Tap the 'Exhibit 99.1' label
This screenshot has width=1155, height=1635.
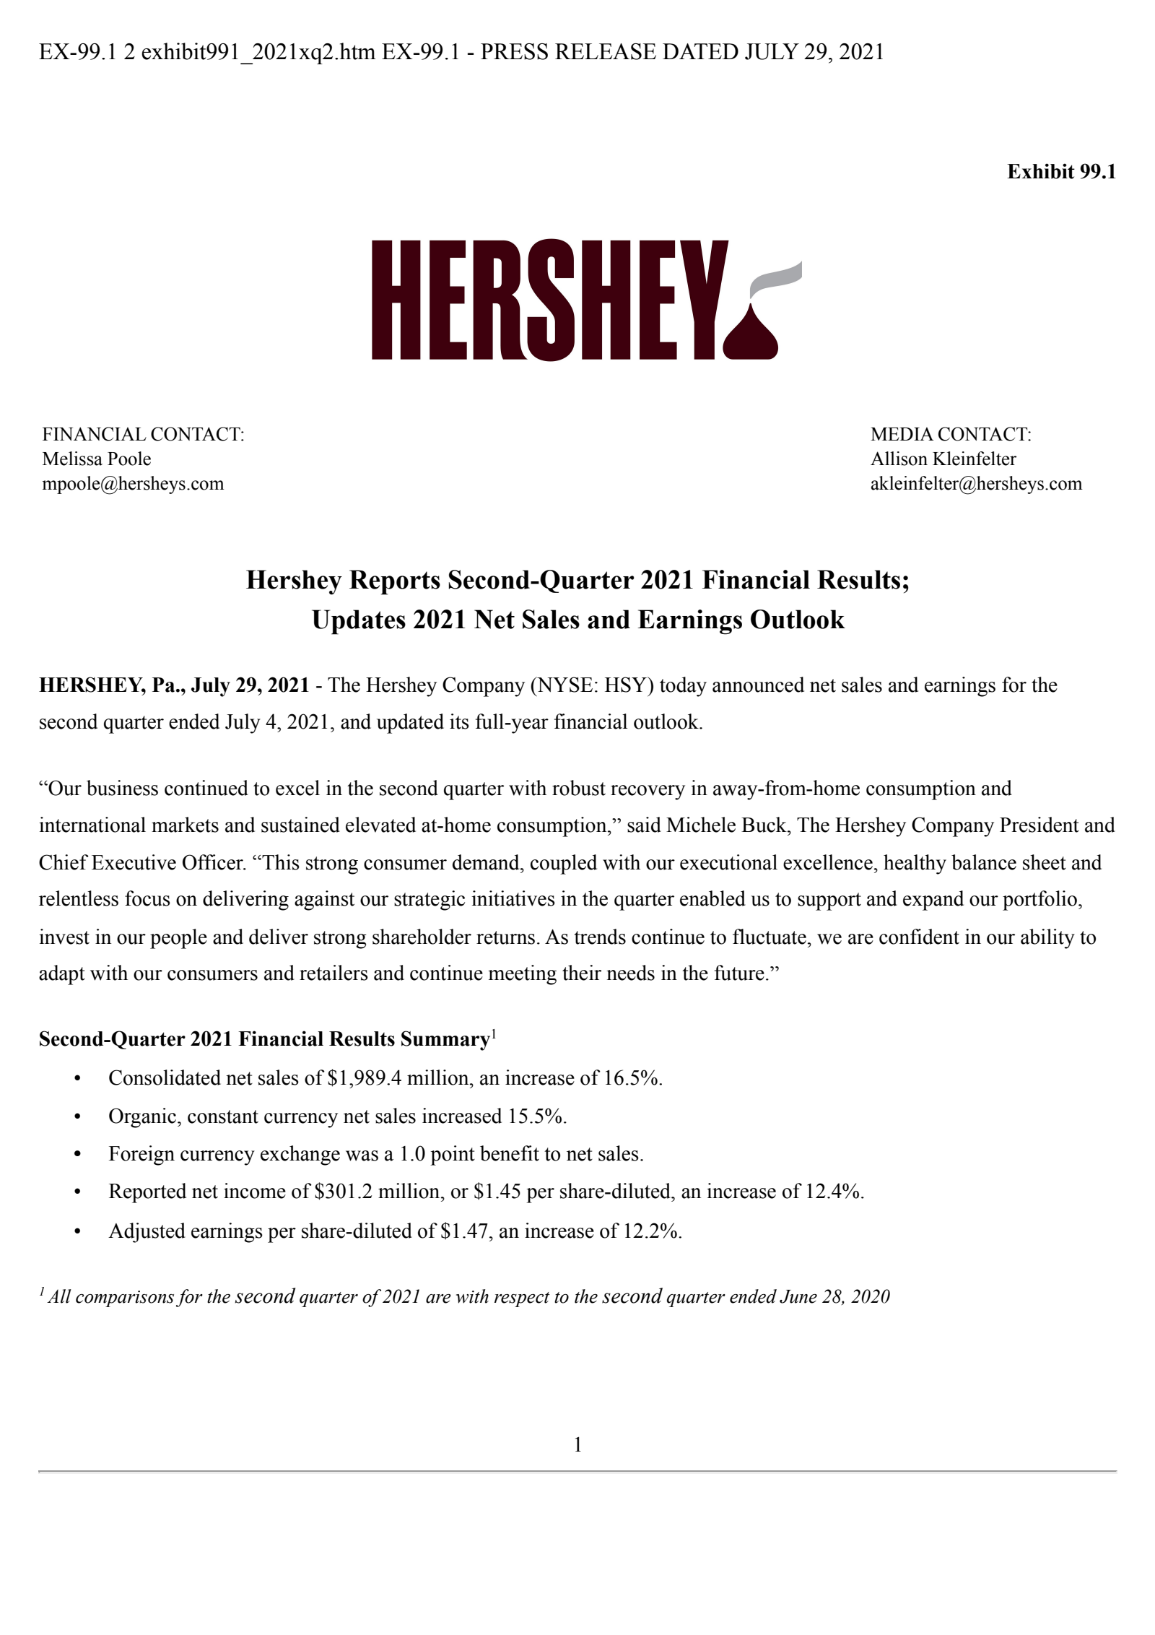pyautogui.click(x=1060, y=172)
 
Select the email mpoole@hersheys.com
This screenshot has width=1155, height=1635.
pyautogui.click(x=133, y=484)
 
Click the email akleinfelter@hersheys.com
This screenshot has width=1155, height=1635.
pyautogui.click(x=975, y=484)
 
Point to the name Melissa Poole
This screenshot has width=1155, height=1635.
pyautogui.click(x=97, y=459)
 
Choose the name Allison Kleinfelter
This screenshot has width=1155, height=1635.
pyautogui.click(x=943, y=459)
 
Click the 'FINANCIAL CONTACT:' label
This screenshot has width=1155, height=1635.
pyautogui.click(x=143, y=435)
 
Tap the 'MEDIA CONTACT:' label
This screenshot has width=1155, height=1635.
pyautogui.click(x=950, y=435)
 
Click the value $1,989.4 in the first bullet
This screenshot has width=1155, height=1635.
pyautogui.click(x=364, y=1078)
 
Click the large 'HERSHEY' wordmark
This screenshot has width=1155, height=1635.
pyautogui.click(x=549, y=300)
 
